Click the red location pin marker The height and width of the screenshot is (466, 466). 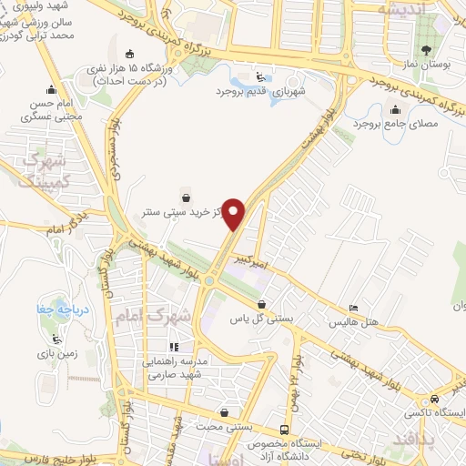point(234,213)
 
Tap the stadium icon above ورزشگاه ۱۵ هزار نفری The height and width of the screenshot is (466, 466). point(131,52)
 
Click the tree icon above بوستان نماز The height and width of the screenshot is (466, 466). point(425,49)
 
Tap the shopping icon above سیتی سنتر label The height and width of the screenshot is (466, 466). point(187,196)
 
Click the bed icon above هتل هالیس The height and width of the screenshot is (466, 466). point(354,309)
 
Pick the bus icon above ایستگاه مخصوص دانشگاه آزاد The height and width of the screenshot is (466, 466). point(286,430)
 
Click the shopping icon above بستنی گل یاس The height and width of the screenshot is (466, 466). point(262,305)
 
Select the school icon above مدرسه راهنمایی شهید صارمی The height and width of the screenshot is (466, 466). point(175,347)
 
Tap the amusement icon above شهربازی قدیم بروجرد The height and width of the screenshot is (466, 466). point(260,77)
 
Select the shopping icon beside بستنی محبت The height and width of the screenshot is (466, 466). point(224,412)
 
